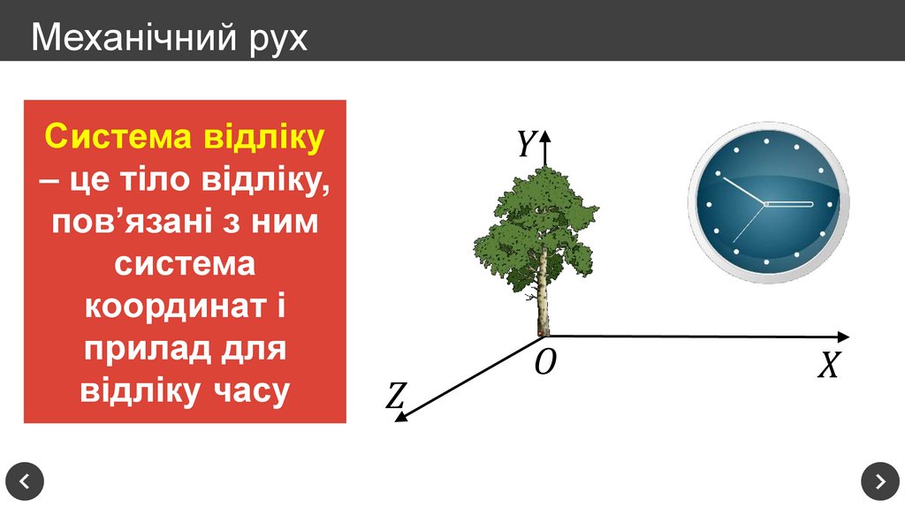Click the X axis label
[x=827, y=365]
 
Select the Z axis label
[x=395, y=396]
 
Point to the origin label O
[x=545, y=361]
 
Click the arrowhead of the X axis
[x=843, y=337]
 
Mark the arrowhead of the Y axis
[x=545, y=136]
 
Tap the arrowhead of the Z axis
[x=403, y=414]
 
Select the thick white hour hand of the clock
[x=788, y=204]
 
